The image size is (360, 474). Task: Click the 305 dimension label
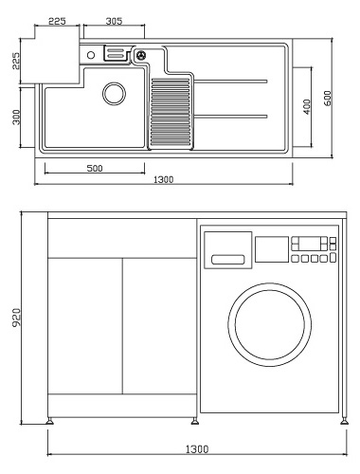[x=114, y=21]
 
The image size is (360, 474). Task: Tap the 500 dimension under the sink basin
[x=95, y=169]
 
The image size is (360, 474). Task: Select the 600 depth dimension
[x=328, y=99]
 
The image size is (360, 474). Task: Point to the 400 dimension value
[x=307, y=107]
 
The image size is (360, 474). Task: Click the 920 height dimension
[x=16, y=318]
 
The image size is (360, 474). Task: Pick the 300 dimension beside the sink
[x=16, y=118]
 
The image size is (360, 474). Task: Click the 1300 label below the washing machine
[x=197, y=449]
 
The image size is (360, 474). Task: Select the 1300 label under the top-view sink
[x=164, y=180]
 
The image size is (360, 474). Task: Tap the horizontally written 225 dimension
[x=57, y=21]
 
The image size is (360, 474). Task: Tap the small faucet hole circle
[x=91, y=55]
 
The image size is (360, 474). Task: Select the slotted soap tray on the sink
[x=116, y=53]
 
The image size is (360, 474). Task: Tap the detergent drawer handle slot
[x=228, y=260]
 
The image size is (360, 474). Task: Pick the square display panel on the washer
[x=272, y=249]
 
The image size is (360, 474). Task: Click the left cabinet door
[x=85, y=326]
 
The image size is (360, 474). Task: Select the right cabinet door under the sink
[x=160, y=326]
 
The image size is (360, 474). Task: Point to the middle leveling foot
[x=195, y=421]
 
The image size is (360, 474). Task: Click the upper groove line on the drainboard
[x=231, y=82]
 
